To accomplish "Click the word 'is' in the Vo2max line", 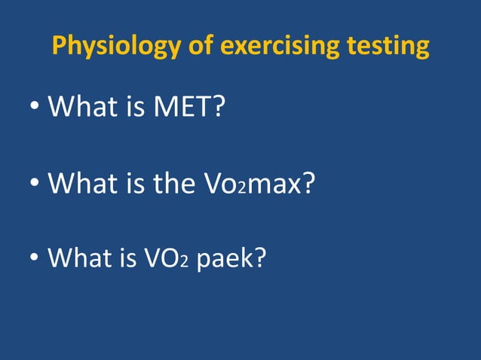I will pos(133,183).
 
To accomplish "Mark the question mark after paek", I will pos(260,258).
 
